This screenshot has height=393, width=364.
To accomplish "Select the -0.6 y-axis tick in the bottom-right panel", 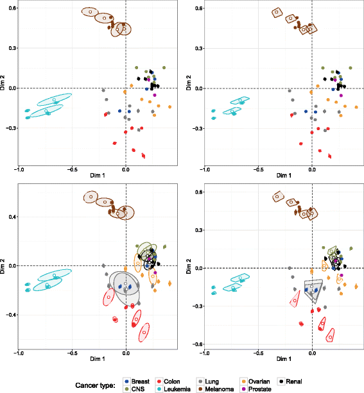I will point(195,344).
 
